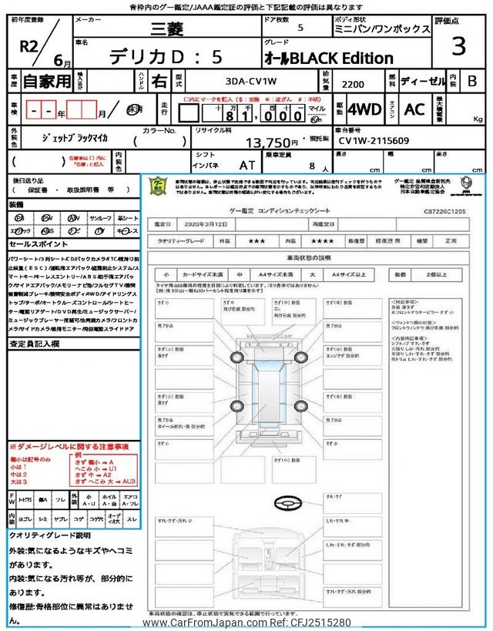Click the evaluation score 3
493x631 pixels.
458,47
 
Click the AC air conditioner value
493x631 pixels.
414,110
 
